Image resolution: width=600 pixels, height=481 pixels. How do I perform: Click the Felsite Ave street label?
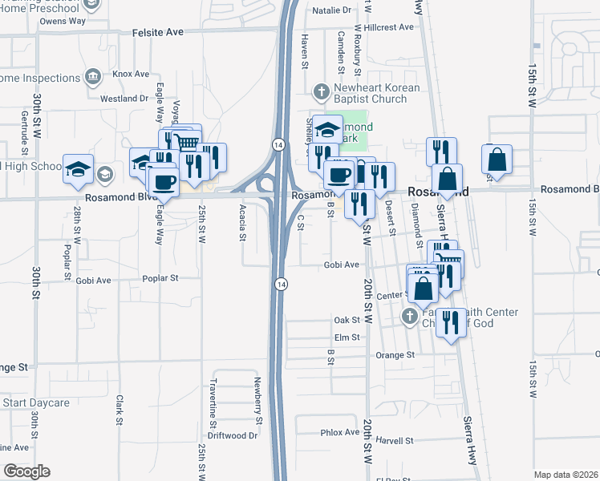(164, 32)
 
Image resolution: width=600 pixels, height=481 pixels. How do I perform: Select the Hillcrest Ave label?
(388, 26)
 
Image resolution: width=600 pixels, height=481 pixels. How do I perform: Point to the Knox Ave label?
(131, 74)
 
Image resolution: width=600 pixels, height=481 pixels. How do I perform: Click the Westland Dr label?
(124, 99)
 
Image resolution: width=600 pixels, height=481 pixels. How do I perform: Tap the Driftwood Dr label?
(232, 436)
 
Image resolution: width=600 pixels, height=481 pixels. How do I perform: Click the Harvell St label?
(393, 440)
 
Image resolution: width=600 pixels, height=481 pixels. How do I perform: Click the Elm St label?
(347, 338)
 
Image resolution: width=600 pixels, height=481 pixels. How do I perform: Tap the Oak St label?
(347, 320)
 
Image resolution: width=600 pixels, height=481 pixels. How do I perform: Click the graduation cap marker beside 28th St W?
(78, 168)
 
